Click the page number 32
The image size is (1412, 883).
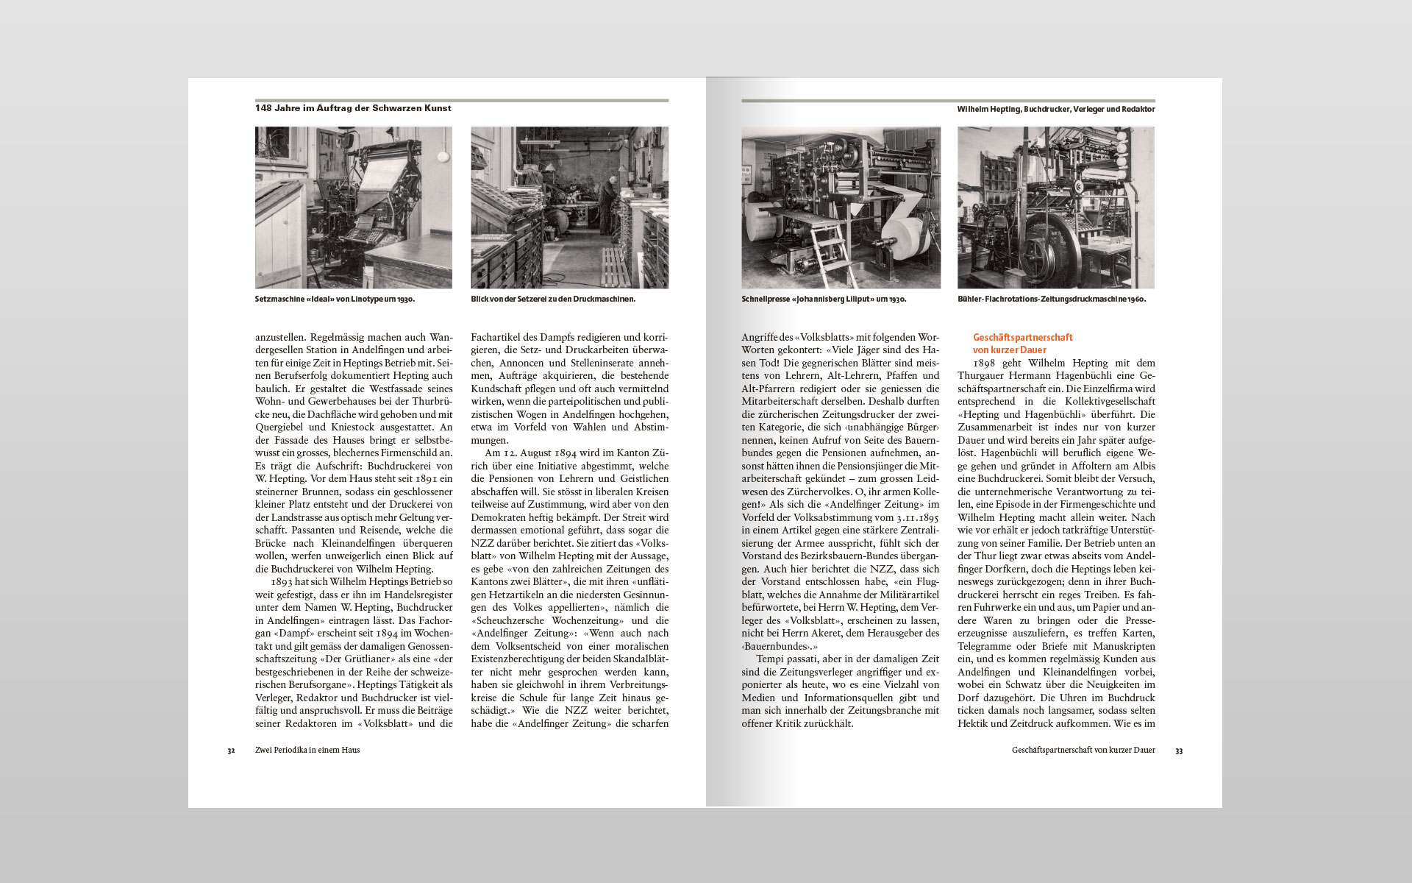point(231,751)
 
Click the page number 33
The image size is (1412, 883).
point(1179,751)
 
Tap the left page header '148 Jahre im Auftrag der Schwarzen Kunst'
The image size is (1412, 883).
point(353,108)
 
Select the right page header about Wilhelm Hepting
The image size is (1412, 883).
point(1056,109)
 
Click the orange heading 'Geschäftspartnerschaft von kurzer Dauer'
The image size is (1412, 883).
point(1022,344)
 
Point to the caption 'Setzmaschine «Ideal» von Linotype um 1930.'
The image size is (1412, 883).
point(335,299)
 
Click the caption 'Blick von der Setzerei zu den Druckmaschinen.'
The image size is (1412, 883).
point(553,299)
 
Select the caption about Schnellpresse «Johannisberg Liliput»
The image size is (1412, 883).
point(824,299)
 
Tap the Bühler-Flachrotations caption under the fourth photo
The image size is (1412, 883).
point(1052,299)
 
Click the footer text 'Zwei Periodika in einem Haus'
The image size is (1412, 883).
point(307,751)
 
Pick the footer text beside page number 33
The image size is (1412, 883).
point(1083,751)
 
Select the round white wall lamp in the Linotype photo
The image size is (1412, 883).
point(443,157)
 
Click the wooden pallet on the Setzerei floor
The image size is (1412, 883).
point(616,266)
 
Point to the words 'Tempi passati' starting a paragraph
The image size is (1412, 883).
point(786,659)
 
